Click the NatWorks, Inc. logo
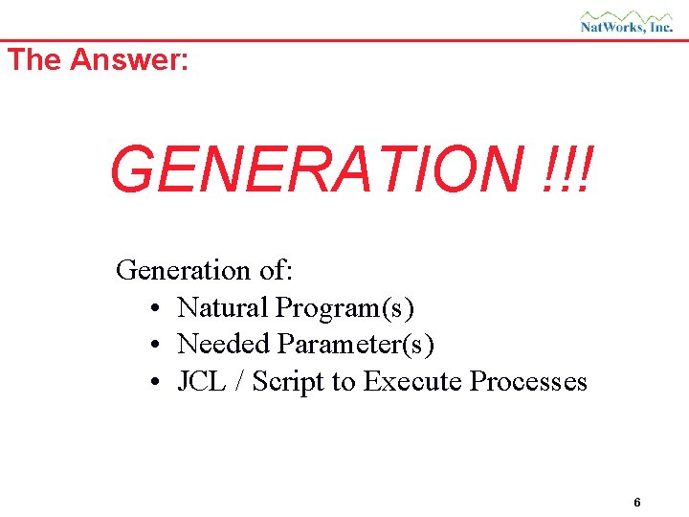pyautogui.click(x=627, y=21)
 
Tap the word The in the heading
pyautogui.click(x=34, y=59)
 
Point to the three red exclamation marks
pyautogui.click(x=571, y=169)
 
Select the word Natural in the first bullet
pyautogui.click(x=222, y=308)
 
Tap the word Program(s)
pyautogui.click(x=345, y=308)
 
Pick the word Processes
pyautogui.click(x=529, y=382)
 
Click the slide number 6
pyautogui.click(x=637, y=503)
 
